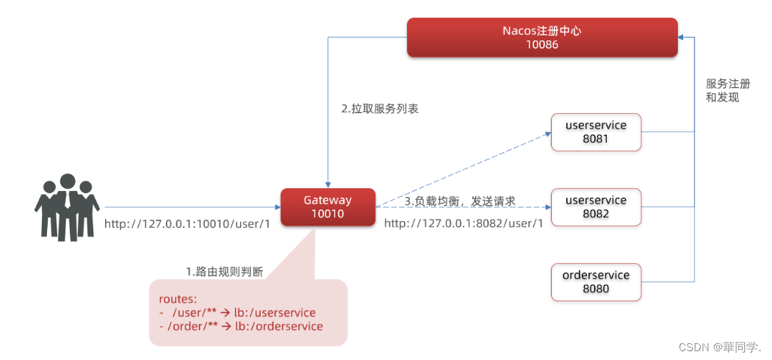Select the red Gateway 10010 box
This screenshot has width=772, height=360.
328,207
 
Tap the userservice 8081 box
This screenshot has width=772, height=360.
596,132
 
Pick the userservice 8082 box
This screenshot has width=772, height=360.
596,207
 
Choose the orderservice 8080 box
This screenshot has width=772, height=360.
596,282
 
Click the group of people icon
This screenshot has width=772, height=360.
67,207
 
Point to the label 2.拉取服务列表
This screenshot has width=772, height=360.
380,109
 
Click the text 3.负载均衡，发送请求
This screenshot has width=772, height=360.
460,201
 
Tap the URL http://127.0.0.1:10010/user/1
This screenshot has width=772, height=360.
187,223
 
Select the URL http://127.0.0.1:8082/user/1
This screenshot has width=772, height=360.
463,223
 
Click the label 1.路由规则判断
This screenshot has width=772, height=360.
225,272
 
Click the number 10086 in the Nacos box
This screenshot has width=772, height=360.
543,45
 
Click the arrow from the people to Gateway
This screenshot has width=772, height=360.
191,207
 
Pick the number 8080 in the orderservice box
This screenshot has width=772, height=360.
596,289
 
